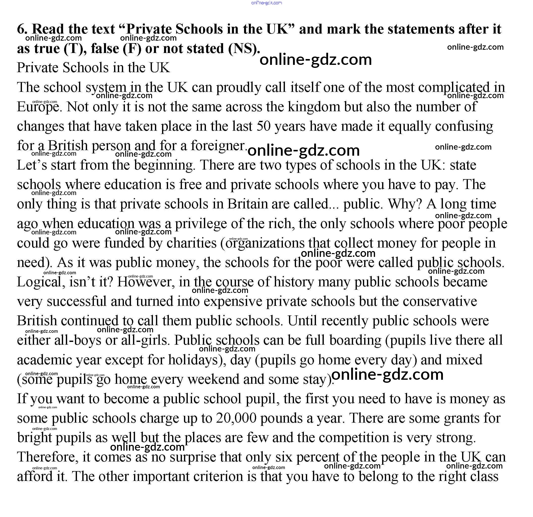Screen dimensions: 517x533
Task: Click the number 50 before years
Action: click(x=263, y=126)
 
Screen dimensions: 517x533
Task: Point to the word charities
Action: click(x=192, y=243)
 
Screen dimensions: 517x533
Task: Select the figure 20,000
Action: click(x=236, y=418)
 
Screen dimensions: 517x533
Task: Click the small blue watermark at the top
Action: click(x=266, y=3)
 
